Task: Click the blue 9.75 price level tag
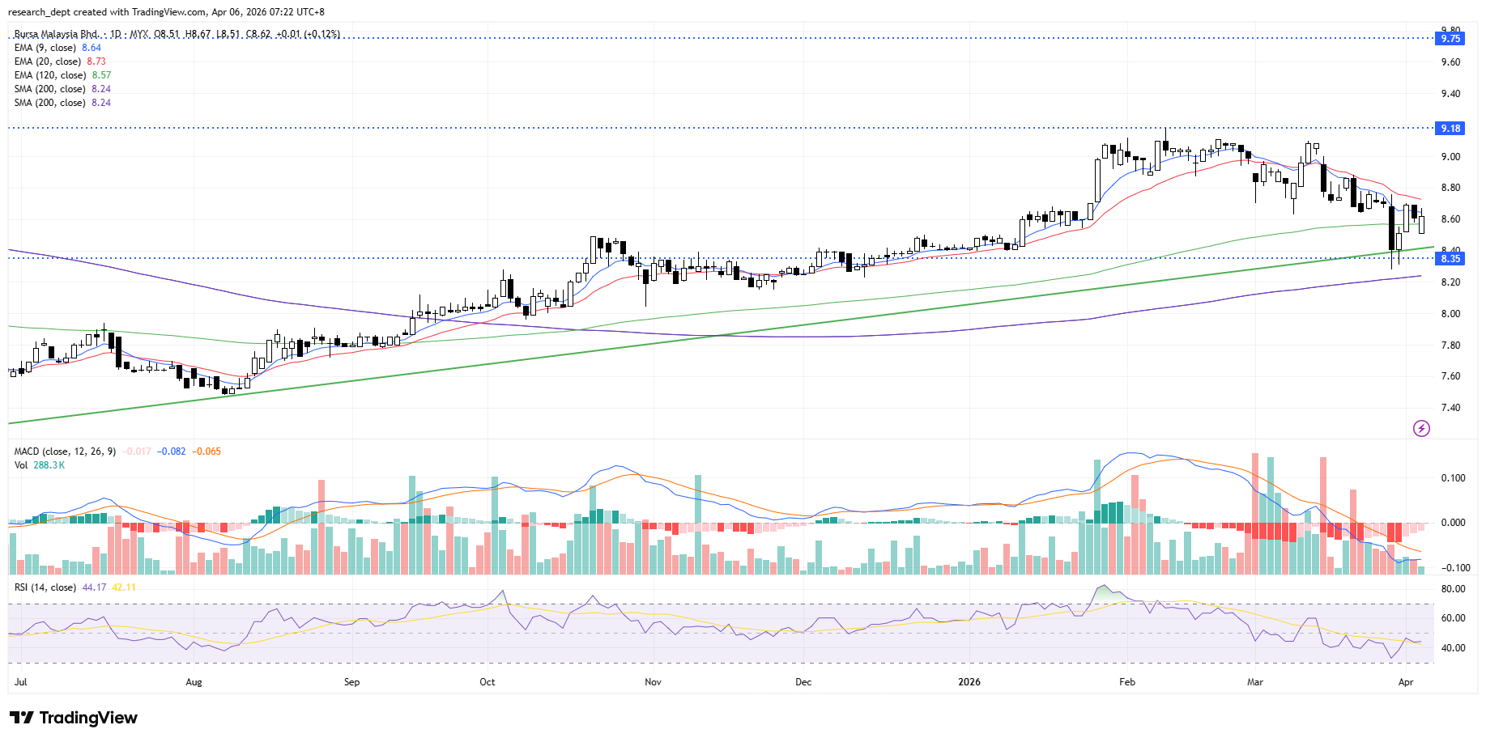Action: click(x=1450, y=38)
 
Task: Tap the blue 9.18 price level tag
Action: click(x=1450, y=128)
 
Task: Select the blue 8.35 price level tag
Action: click(x=1450, y=259)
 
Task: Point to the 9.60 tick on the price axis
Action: click(x=1450, y=62)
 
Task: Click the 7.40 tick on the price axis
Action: click(x=1450, y=408)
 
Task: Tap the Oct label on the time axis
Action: click(x=487, y=682)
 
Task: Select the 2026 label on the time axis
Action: click(x=969, y=682)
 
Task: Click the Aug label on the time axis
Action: click(x=194, y=682)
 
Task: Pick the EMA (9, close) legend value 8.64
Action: click(x=92, y=48)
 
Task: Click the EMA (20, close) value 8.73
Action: click(x=96, y=61)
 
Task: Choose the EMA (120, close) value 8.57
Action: click(x=101, y=75)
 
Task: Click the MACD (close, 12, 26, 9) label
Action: click(x=65, y=452)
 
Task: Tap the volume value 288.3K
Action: click(x=49, y=465)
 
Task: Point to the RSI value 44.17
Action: click(x=94, y=587)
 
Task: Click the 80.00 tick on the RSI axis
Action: click(x=1453, y=589)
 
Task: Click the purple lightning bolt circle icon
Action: click(x=1421, y=428)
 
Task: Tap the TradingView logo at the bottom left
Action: click(x=74, y=718)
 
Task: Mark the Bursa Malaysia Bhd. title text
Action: click(x=56, y=34)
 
